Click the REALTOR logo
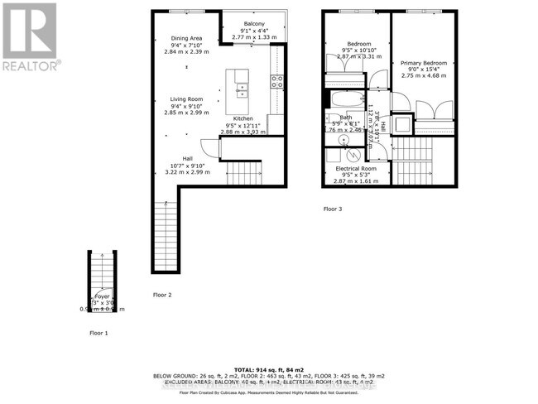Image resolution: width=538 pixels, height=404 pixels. (30, 37)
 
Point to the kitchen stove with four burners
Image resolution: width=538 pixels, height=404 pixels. (277, 81)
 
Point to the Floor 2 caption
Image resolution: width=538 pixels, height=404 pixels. (162, 295)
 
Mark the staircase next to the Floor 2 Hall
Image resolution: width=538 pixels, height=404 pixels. (243, 174)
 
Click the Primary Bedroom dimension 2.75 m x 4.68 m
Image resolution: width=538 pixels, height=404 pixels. (423, 76)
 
